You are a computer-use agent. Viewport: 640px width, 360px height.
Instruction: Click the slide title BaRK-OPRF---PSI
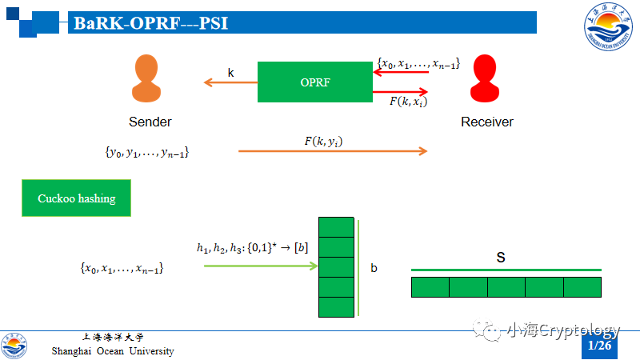(x=151, y=23)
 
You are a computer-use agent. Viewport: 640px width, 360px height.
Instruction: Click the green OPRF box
(x=314, y=82)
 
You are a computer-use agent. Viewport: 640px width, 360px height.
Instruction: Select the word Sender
(x=150, y=122)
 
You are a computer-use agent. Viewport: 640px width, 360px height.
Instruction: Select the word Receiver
(x=487, y=122)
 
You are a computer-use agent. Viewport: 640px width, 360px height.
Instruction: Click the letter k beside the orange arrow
(x=231, y=73)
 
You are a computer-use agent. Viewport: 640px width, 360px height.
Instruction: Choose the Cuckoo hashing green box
(x=76, y=198)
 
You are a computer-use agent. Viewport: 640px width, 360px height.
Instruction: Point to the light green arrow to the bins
(x=261, y=265)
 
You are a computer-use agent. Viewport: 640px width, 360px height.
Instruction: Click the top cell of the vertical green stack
(x=336, y=227)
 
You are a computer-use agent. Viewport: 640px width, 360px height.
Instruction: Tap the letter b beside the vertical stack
(x=374, y=268)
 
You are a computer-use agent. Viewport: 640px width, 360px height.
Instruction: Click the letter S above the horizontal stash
(x=501, y=258)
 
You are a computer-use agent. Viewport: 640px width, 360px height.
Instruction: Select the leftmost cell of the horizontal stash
(x=430, y=287)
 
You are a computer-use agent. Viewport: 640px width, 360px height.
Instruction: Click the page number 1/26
(x=599, y=346)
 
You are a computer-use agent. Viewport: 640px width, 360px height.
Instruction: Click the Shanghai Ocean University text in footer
(x=113, y=351)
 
